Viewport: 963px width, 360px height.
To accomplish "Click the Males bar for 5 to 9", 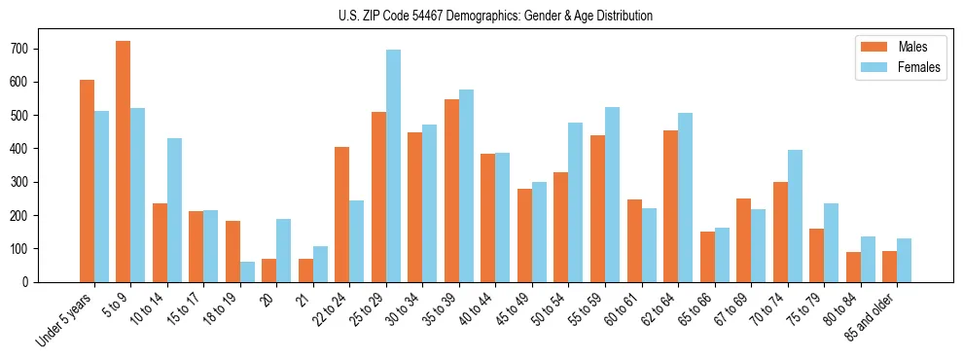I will [x=124, y=162].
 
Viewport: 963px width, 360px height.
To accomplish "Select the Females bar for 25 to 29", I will [x=393, y=165].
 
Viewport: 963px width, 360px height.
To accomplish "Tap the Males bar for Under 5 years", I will [x=87, y=181].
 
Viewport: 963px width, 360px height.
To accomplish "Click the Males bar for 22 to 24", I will [x=342, y=214].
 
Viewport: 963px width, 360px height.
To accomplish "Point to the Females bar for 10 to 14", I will [x=174, y=210].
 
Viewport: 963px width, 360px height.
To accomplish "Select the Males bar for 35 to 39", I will [x=451, y=191].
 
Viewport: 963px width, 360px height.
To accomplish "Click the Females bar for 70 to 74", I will [x=795, y=216].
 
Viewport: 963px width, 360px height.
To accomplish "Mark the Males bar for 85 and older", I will [x=889, y=267].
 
